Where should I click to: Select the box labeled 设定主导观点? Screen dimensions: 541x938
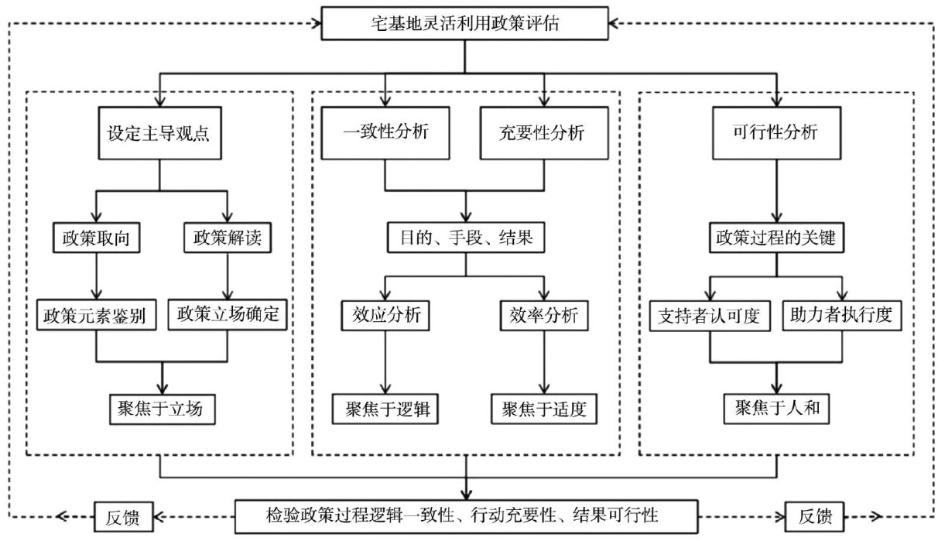pos(159,132)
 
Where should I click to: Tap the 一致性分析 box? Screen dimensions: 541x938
pos(385,132)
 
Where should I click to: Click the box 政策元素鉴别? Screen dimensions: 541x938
pos(96,315)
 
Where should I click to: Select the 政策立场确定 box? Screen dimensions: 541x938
pos(228,315)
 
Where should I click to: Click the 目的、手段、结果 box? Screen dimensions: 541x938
pos(464,238)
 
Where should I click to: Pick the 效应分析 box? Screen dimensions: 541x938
pos(385,316)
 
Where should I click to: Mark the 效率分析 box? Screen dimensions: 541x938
pos(544,316)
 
